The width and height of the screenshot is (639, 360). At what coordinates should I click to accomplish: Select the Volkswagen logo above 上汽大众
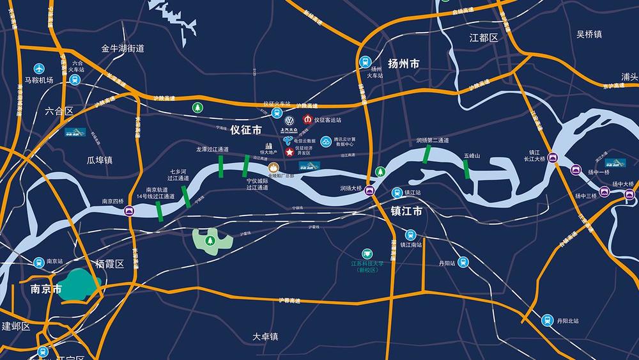coord(289,120)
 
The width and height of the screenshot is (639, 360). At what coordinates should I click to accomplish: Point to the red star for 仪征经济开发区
coord(288,152)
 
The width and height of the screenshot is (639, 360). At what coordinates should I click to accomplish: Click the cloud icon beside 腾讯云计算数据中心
coord(327,141)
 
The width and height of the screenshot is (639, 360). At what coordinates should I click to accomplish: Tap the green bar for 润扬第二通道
coord(426,155)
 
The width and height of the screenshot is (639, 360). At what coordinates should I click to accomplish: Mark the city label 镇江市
coord(406,211)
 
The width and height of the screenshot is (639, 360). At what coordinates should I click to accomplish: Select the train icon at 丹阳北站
coord(547,320)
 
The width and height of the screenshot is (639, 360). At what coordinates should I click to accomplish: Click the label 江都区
coord(483,38)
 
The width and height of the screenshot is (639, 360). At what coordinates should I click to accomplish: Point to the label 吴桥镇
coord(589,34)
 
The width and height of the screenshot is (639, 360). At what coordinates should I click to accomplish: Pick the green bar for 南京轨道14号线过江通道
coord(159,212)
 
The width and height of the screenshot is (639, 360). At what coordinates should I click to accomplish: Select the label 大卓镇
coord(265,336)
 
